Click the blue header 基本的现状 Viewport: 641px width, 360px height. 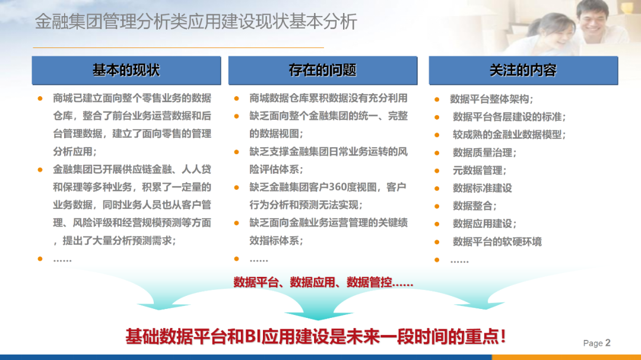(126, 71)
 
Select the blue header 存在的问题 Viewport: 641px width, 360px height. (323, 71)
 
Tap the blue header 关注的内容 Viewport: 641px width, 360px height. (523, 71)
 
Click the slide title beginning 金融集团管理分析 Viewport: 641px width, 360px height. (196, 22)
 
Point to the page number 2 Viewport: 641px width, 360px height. (608, 342)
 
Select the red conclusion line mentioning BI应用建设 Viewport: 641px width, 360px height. (316, 337)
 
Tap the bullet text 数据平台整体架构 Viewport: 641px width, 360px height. (491, 99)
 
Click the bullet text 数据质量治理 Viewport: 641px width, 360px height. (484, 152)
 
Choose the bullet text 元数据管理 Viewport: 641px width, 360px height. (480, 170)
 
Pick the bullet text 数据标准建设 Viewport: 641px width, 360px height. (483, 188)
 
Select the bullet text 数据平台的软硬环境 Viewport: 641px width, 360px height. (497, 241)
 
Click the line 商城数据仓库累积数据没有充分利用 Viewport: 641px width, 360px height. (328, 98)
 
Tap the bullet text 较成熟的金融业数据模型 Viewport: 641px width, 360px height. (509, 135)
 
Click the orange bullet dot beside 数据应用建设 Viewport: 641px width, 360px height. (437, 224)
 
